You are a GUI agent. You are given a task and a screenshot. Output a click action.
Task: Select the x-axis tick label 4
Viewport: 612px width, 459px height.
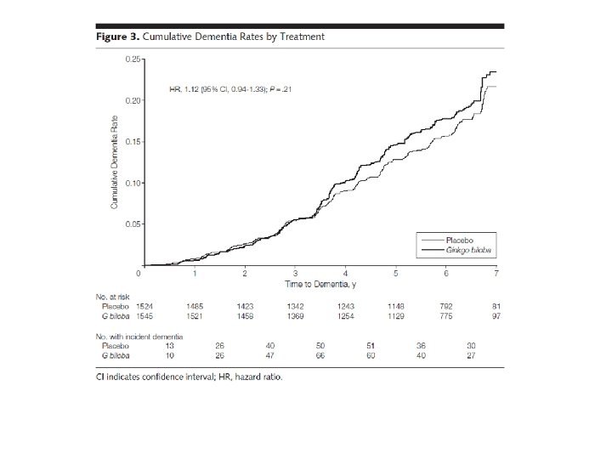(x=346, y=273)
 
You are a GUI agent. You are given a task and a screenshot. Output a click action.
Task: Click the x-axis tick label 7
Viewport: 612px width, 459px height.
(x=497, y=273)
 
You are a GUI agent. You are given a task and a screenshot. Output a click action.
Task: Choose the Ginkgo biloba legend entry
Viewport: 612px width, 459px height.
(x=466, y=251)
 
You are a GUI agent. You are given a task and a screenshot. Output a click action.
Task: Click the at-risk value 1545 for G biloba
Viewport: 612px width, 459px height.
(x=145, y=316)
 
